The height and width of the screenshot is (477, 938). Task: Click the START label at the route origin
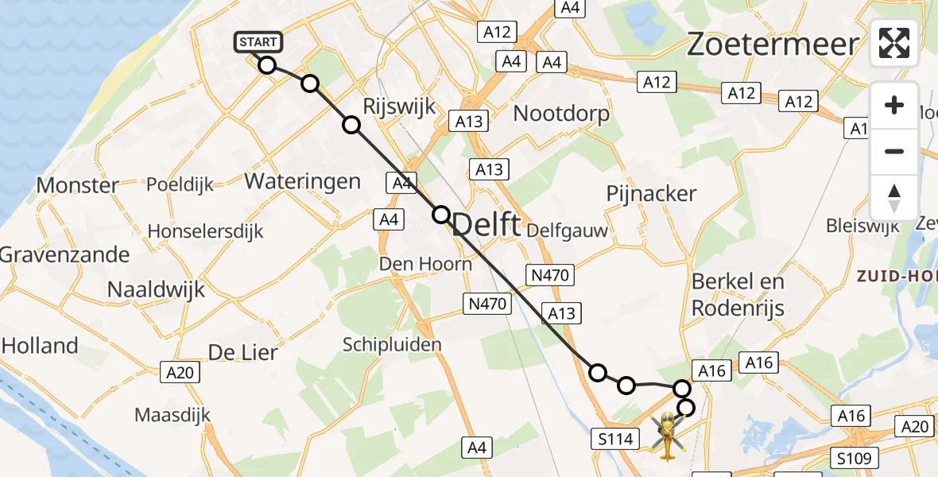[258, 42]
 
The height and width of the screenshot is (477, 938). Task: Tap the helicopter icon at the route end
[667, 436]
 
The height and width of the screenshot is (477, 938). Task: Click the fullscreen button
[894, 42]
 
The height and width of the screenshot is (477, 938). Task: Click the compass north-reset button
[894, 197]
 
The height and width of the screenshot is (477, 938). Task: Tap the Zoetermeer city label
[773, 45]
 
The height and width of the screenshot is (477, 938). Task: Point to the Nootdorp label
[561, 114]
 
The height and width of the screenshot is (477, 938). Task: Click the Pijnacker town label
[651, 193]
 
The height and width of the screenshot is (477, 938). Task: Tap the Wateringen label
[302, 181]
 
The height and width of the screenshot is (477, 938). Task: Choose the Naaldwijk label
[156, 289]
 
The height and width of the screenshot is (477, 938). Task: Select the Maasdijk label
[172, 414]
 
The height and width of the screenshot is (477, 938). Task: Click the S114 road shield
[615, 437]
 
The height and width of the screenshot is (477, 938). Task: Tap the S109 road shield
[857, 458]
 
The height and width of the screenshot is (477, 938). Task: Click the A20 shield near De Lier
[179, 372]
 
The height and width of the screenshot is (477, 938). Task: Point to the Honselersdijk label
[206, 231]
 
